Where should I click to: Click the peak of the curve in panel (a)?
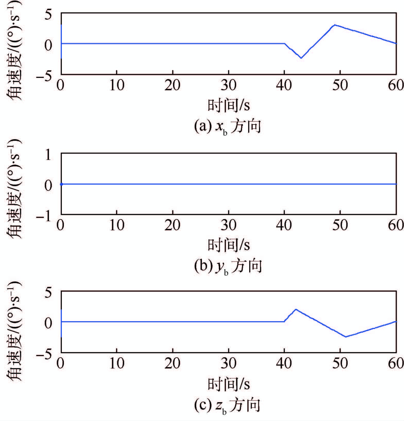(x=334, y=25)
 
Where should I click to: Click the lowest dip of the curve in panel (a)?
(x=301, y=58)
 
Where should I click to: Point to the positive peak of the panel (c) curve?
(x=296, y=309)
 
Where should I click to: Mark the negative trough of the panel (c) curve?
(x=346, y=337)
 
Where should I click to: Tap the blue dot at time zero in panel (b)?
(x=61, y=184)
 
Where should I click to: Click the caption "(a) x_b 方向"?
(x=227, y=127)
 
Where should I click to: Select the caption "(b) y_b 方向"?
(x=228, y=266)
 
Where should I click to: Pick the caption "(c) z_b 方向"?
(x=227, y=406)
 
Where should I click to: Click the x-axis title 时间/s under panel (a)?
(x=229, y=105)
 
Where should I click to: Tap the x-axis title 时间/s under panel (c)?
(x=229, y=384)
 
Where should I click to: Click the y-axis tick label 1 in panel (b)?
(x=48, y=155)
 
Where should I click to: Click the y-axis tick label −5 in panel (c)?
(x=44, y=355)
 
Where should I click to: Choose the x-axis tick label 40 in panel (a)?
(x=284, y=85)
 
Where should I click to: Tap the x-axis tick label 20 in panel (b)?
(x=172, y=225)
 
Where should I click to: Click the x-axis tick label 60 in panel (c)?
(x=396, y=364)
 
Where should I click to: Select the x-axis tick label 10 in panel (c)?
(x=117, y=364)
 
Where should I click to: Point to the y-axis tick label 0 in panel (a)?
(x=48, y=45)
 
